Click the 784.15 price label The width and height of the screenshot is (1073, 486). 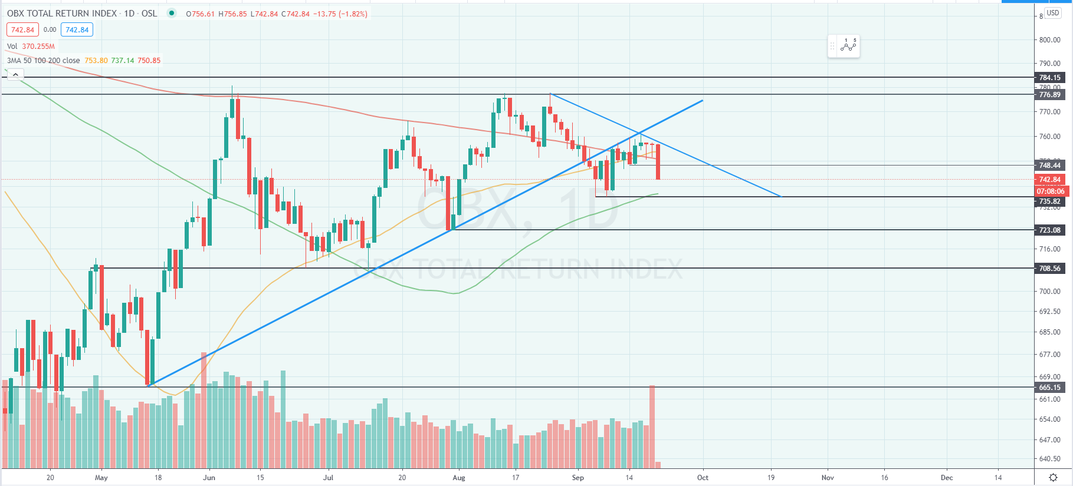(x=1049, y=78)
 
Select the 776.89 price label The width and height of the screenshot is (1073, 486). (x=1049, y=95)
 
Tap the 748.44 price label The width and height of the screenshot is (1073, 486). (x=1049, y=166)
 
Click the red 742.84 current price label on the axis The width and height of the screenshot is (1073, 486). (x=1049, y=180)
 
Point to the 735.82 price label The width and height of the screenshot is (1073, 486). (x=1049, y=201)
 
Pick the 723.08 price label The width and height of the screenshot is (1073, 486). (x=1049, y=230)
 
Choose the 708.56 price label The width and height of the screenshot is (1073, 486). (x=1049, y=269)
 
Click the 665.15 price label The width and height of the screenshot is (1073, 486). (x=1049, y=388)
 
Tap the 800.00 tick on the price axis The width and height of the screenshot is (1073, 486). (x=1049, y=40)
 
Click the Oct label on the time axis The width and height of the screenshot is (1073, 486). (x=703, y=478)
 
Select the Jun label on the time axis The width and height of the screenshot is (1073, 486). (x=209, y=478)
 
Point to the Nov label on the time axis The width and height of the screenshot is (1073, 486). (x=828, y=478)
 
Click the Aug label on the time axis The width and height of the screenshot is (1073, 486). (x=459, y=478)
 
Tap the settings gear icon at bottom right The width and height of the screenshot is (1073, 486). (x=1053, y=478)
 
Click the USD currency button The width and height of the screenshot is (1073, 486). (x=1053, y=13)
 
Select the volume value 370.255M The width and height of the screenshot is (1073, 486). (x=38, y=47)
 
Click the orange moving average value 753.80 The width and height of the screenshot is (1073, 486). (x=96, y=61)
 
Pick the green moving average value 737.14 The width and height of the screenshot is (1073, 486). (x=123, y=61)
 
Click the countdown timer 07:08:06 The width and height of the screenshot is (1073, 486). (x=1051, y=191)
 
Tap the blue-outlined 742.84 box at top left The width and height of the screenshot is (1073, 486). (x=77, y=30)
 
